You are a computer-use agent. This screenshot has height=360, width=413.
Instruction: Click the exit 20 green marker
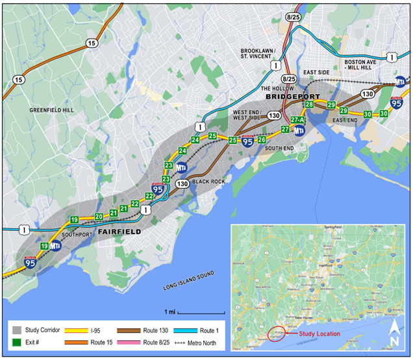click(99, 217)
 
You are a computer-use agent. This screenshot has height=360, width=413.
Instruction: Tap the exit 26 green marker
click(262, 139)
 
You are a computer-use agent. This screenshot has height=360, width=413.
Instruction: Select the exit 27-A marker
click(298, 120)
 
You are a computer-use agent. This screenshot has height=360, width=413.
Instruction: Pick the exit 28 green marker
click(310, 104)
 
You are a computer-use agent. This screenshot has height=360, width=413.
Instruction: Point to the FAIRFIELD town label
click(119, 232)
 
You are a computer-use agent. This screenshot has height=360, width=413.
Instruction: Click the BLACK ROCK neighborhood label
click(209, 182)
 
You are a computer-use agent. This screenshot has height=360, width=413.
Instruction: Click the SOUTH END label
click(280, 149)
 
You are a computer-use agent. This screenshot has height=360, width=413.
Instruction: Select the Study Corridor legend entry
click(36, 329)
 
